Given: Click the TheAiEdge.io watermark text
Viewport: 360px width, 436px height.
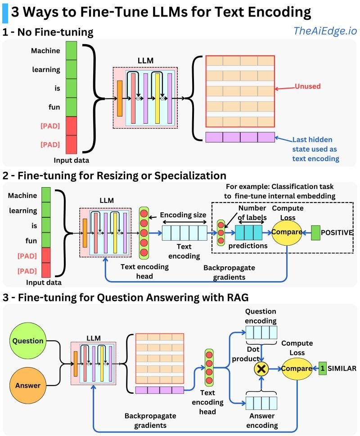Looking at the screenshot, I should pyautogui.click(x=324, y=31).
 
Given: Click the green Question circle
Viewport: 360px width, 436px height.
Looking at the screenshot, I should pyautogui.click(x=28, y=341).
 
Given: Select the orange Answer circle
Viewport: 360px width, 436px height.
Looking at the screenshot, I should pyautogui.click(x=28, y=385).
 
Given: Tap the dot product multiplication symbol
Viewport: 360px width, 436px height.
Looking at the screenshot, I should pyautogui.click(x=261, y=369).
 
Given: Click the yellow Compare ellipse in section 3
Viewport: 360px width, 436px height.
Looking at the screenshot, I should pyautogui.click(x=297, y=369).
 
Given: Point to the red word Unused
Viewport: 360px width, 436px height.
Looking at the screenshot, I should pyautogui.click(x=307, y=86).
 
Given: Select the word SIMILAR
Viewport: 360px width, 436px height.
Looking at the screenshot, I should pyautogui.click(x=342, y=368).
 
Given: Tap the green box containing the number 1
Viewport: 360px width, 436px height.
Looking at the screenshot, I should pyautogui.click(x=322, y=368).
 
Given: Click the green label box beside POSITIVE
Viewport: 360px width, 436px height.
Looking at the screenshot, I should pyautogui.click(x=316, y=232).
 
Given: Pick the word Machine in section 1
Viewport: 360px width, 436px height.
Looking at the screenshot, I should pyautogui.click(x=45, y=51).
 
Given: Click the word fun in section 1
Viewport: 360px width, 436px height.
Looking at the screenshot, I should pyautogui.click(x=54, y=108).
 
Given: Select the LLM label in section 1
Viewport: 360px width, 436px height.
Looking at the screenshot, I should pyautogui.click(x=145, y=60).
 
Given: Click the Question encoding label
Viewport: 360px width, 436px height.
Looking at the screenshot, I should pyautogui.click(x=261, y=316).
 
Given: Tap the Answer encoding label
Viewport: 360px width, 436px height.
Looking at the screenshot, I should pyautogui.click(x=261, y=421).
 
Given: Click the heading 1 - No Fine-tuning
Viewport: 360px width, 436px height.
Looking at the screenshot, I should pyautogui.click(x=48, y=32).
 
